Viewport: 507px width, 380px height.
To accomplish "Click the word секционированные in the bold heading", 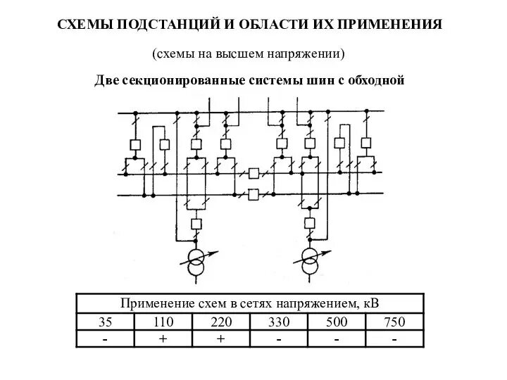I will [x=178, y=80].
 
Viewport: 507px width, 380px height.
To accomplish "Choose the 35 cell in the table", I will [x=105, y=322].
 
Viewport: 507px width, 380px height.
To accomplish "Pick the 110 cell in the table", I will [x=163, y=322].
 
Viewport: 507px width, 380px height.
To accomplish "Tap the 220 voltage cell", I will [x=220, y=322].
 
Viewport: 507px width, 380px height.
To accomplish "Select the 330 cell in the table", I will [x=279, y=322].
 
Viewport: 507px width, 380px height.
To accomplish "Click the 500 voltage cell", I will [x=337, y=322].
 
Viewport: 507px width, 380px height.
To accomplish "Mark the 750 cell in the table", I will [x=395, y=322].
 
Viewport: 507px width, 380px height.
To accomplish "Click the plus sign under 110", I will [x=163, y=339].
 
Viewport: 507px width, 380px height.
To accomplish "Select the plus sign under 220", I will [x=220, y=339].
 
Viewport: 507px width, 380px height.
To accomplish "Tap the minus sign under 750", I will [x=395, y=339].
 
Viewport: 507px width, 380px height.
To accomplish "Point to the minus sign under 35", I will [x=105, y=339].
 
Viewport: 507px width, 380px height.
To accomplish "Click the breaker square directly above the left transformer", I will [x=196, y=224].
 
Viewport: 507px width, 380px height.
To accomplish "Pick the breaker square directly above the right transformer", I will [x=309, y=224].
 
